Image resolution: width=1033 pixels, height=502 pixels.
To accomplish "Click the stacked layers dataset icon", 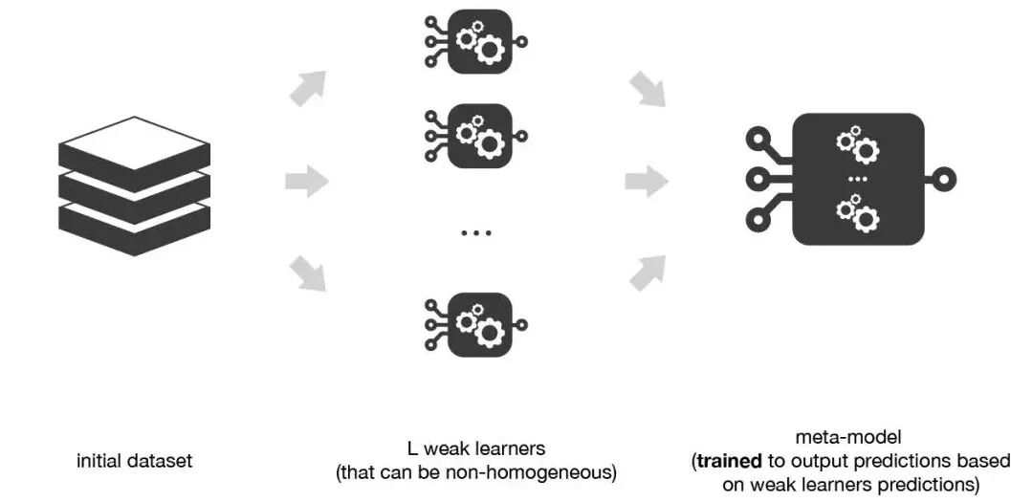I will coord(134,186).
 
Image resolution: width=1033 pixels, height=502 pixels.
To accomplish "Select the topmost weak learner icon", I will coord(475,42).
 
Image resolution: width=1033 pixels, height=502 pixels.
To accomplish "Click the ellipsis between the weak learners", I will coord(475,232).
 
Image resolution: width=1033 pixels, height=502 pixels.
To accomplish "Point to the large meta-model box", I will coord(858,180).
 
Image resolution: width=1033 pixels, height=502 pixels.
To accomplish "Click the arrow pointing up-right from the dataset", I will coord(308,87).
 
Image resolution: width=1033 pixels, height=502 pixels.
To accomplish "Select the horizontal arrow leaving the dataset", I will coord(307,180).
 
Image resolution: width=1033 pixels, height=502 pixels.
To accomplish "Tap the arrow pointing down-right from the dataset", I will coord(308,273).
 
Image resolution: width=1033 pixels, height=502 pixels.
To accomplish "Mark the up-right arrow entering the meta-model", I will coord(648,273).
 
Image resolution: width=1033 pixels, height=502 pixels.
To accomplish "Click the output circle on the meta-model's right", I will coord(946,180).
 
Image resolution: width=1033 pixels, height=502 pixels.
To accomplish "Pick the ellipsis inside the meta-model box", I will coord(858,180).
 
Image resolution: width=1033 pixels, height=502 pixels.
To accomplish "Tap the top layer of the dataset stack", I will coord(134,142).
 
